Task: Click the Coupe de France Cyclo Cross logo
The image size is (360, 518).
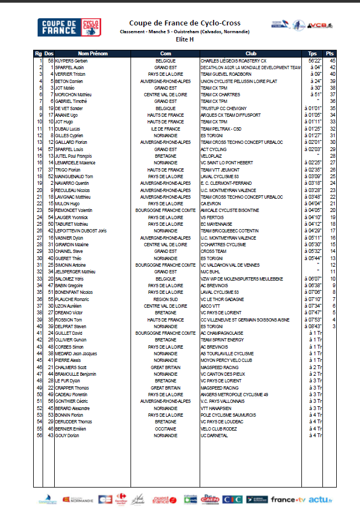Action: pyautogui.click(x=69, y=28)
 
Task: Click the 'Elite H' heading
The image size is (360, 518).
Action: pyautogui.click(x=184, y=40)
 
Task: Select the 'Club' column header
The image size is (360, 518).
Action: pyautogui.click(x=251, y=54)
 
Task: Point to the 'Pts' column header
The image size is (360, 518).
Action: pyautogui.click(x=330, y=54)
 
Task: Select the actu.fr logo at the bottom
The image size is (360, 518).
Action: pyautogui.click(x=321, y=500)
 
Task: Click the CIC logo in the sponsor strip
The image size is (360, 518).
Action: pyautogui.click(x=232, y=500)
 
